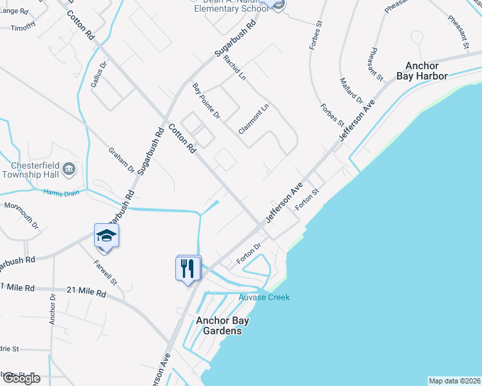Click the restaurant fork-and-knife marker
pos(188,267)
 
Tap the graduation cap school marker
pos(106,235)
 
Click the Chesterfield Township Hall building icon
pos(70,169)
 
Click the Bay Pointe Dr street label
pos(206,101)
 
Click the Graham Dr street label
pos(121,161)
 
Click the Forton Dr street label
pos(248,252)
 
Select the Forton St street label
pos(307,200)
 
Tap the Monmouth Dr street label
pos(22,216)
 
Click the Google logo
pos(21,378)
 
